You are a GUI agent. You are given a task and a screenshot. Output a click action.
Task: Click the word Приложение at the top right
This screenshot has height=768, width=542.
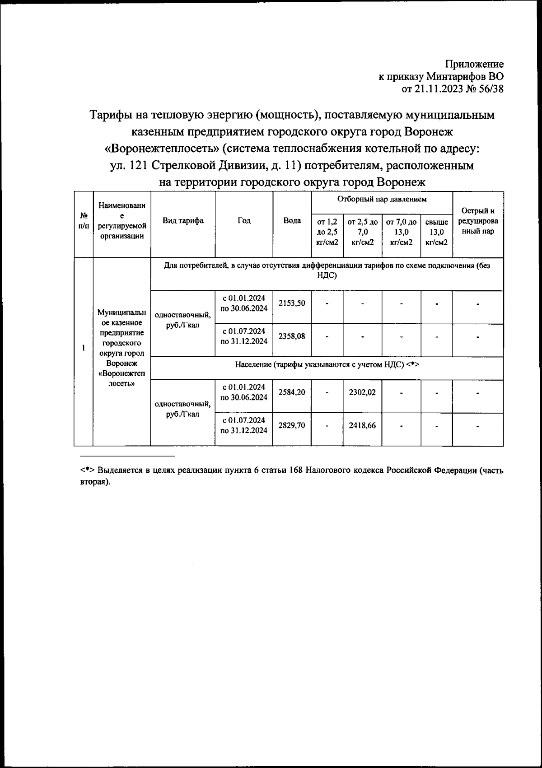tap(474, 65)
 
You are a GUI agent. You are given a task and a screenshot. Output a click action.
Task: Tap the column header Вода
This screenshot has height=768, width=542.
tap(292, 221)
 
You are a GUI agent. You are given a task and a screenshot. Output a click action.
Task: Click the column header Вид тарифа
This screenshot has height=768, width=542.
tap(182, 221)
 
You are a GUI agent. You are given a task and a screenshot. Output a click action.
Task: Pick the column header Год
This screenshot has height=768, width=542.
tap(244, 221)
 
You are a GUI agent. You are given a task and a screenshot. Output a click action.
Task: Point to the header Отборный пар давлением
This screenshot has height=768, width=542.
tap(382, 199)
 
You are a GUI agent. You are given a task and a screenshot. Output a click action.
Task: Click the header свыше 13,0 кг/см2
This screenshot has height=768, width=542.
tap(436, 232)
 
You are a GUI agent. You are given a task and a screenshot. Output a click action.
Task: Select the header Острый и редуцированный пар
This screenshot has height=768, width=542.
tap(477, 221)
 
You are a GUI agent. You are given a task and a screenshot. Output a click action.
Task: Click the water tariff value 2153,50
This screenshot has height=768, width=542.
tap(292, 303)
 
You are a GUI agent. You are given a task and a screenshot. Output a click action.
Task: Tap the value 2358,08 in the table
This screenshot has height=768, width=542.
tap(292, 336)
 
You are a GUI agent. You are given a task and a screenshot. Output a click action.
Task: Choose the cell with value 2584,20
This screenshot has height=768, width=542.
tap(292, 392)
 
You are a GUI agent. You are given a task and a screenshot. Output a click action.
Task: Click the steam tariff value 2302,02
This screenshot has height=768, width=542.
tap(362, 393)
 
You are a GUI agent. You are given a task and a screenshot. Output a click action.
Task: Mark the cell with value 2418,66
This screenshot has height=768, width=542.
tap(362, 425)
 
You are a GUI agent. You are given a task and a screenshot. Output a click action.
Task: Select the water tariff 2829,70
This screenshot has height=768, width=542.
tap(292, 425)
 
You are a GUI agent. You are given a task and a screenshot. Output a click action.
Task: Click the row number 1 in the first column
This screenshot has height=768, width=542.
tap(83, 348)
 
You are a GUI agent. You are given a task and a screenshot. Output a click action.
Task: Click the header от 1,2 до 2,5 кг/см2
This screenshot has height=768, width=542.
tap(327, 232)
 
